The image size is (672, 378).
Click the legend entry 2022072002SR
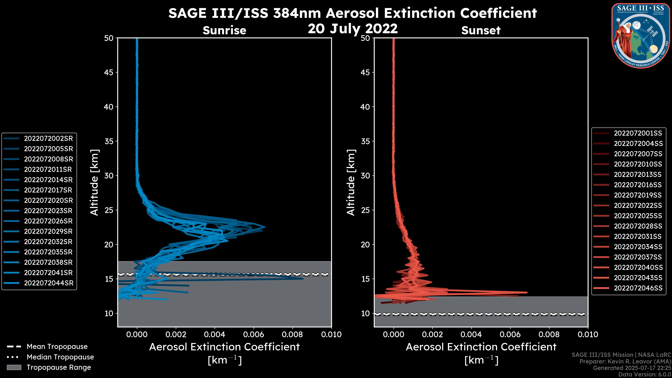[48, 139]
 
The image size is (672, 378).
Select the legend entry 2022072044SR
[48, 283]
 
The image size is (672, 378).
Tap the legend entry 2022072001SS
[638, 133]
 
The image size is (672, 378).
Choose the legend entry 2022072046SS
[638, 288]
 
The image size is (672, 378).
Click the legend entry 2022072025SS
[638, 216]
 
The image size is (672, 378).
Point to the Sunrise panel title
[224, 30]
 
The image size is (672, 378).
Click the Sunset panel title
[481, 30]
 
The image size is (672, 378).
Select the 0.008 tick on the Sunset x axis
[549, 334]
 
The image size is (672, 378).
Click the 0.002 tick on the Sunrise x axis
[176, 334]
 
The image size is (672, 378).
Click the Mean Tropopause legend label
[57, 347]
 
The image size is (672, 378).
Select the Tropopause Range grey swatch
[14, 367]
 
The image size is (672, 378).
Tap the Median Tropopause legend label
[60, 357]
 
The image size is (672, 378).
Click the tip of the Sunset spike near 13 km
[527, 292]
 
